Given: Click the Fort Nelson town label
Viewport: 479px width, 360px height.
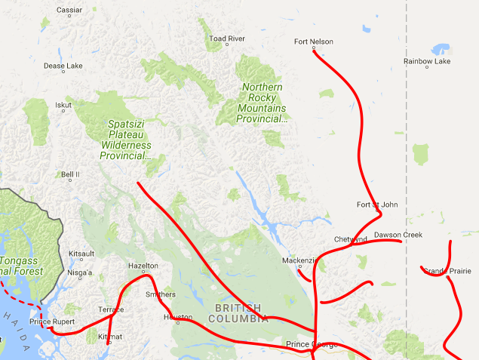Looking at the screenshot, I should coord(313,42).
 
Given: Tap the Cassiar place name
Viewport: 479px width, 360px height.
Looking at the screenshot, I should coord(69,10).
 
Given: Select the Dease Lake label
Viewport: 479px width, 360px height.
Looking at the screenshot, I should coord(63,66).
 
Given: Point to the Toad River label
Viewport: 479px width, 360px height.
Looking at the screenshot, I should coord(227,38).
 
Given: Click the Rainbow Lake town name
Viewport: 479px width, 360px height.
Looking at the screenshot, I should coord(426,61).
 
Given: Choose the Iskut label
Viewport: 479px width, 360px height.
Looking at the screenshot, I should coord(63,105).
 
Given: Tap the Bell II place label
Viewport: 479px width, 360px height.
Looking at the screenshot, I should coord(70,174).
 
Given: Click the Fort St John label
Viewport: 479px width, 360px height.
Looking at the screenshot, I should coord(377,205).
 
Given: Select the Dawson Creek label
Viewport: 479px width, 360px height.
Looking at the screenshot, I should coord(398,235).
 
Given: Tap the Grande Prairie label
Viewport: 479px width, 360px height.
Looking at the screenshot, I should coord(447,270).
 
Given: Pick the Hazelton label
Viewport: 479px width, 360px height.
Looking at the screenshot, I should coord(143,266).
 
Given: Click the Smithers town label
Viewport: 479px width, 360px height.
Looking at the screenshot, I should coord(160,294).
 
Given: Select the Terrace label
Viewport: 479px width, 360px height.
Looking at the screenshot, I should coord(111,309).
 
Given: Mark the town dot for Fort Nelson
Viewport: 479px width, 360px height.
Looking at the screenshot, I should coord(313,49).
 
